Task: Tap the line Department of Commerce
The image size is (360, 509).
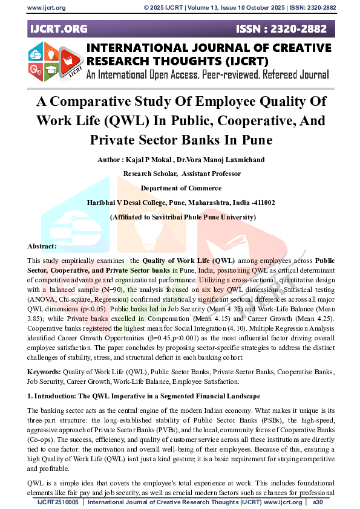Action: (180, 188)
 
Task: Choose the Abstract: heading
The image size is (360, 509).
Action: (42, 246)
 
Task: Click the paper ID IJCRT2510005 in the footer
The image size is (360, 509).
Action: (58, 502)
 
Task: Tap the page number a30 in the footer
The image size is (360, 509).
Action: (318, 502)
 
